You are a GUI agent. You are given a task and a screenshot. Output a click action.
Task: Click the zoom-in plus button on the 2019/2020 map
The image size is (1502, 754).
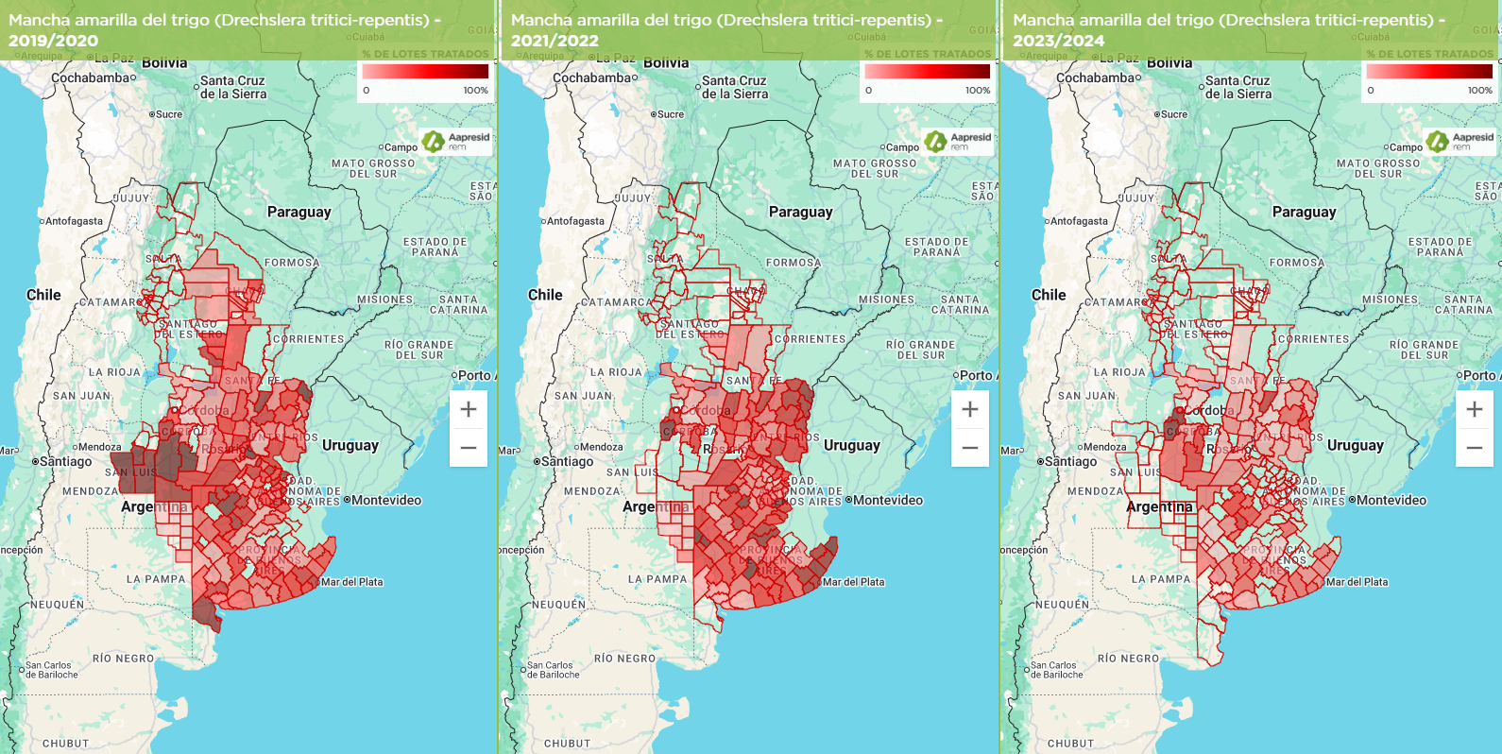tap(469, 409)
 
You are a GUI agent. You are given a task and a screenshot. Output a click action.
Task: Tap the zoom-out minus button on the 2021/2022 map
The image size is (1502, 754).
tap(970, 448)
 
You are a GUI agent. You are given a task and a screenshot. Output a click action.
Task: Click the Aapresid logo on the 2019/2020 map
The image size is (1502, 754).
tap(456, 141)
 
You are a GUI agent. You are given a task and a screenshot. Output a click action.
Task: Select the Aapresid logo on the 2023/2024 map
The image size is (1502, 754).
tap(1460, 141)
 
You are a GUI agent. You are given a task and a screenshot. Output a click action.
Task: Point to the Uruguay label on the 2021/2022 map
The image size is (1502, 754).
tap(851, 445)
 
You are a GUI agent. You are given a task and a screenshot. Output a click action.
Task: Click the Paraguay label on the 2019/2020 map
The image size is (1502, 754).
tap(299, 212)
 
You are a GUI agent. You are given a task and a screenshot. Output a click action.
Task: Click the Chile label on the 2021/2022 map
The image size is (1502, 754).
tap(545, 295)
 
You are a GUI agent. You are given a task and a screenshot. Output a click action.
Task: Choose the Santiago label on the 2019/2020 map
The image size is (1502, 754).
tap(65, 462)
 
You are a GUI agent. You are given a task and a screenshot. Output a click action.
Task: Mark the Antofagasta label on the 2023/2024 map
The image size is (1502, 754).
tap(1078, 221)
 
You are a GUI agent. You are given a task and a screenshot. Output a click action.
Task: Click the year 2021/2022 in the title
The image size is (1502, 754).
tap(555, 41)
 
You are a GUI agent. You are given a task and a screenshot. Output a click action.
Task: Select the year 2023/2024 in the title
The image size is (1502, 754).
tap(1058, 41)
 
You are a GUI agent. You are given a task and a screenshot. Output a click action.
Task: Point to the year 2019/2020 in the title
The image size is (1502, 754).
tap(53, 41)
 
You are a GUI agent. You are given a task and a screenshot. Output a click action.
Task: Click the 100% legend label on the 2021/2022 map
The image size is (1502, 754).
tap(978, 91)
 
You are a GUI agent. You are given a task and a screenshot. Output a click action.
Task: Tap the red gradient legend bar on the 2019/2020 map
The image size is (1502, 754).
tap(425, 71)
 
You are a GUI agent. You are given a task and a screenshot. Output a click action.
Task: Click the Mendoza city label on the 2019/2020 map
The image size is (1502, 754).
tap(99, 447)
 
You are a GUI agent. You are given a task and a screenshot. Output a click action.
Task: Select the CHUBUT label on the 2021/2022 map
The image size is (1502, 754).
tap(567, 744)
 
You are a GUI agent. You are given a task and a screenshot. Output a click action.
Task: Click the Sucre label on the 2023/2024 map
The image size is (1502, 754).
tap(1173, 114)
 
